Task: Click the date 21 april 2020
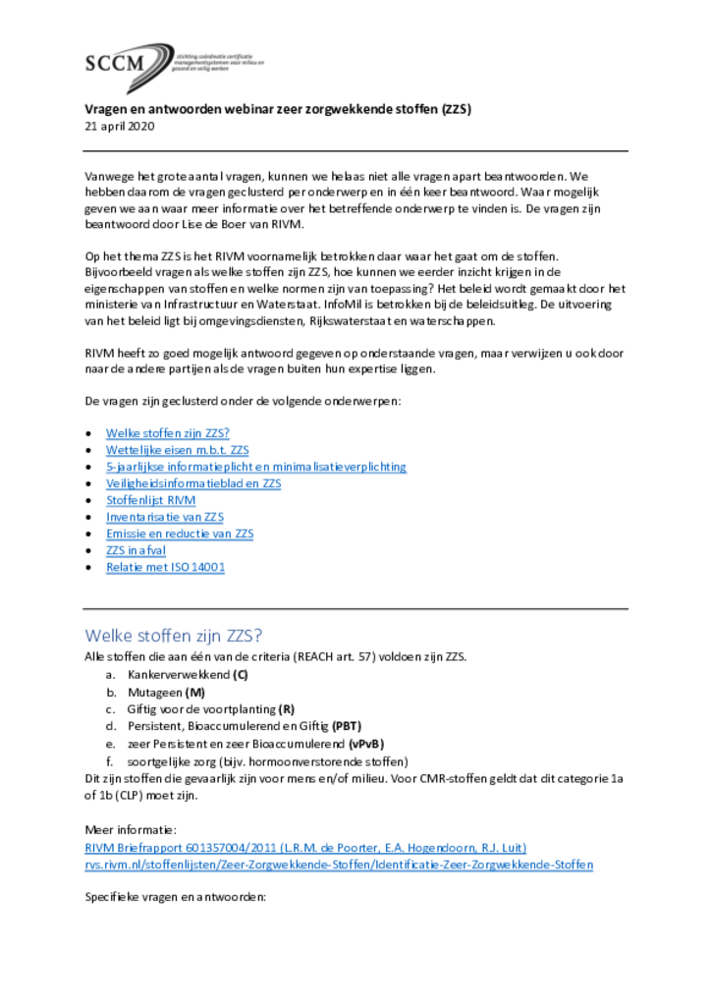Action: click(x=120, y=127)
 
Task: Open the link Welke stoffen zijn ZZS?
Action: click(x=168, y=432)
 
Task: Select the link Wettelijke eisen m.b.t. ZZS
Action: click(x=178, y=449)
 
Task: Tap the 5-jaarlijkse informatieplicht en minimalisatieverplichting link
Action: click(x=256, y=467)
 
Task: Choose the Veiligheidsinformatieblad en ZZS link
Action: click(x=193, y=483)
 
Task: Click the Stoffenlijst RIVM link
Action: click(x=150, y=500)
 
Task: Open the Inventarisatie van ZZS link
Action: click(x=166, y=517)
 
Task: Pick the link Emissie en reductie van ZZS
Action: click(x=180, y=533)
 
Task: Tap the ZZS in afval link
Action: click(x=137, y=550)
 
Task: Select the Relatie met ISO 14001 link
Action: click(x=165, y=567)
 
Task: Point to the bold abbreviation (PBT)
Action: click(x=347, y=726)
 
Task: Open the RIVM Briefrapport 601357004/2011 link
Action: click(x=305, y=847)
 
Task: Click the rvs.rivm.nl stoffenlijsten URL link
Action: click(x=339, y=864)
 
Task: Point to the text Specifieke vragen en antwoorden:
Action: click(x=176, y=898)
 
